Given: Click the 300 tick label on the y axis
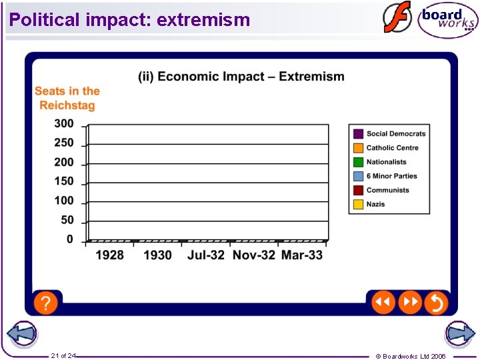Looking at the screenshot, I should click(64, 123).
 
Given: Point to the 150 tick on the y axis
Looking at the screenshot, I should click(64, 181).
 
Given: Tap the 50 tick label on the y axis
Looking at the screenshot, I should click(67, 220).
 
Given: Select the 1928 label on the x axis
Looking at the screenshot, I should click(109, 255).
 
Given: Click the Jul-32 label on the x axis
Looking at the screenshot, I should click(206, 255).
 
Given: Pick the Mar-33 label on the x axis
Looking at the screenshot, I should click(302, 255).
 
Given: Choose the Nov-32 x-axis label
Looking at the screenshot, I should click(253, 255).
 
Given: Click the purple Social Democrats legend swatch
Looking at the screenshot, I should click(358, 134).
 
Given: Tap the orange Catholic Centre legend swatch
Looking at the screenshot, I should click(358, 148).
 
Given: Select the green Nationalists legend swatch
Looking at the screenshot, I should click(358, 162).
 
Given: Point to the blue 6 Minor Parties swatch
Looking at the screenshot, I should click(358, 176).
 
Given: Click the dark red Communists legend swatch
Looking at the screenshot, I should click(358, 190).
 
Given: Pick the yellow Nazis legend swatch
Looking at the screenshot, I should click(358, 204).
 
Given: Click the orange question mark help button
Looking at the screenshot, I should click(45, 303).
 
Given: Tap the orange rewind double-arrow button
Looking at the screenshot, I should click(383, 303).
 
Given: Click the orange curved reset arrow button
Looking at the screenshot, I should click(436, 303).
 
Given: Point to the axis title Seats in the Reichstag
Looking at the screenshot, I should click(67, 98).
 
